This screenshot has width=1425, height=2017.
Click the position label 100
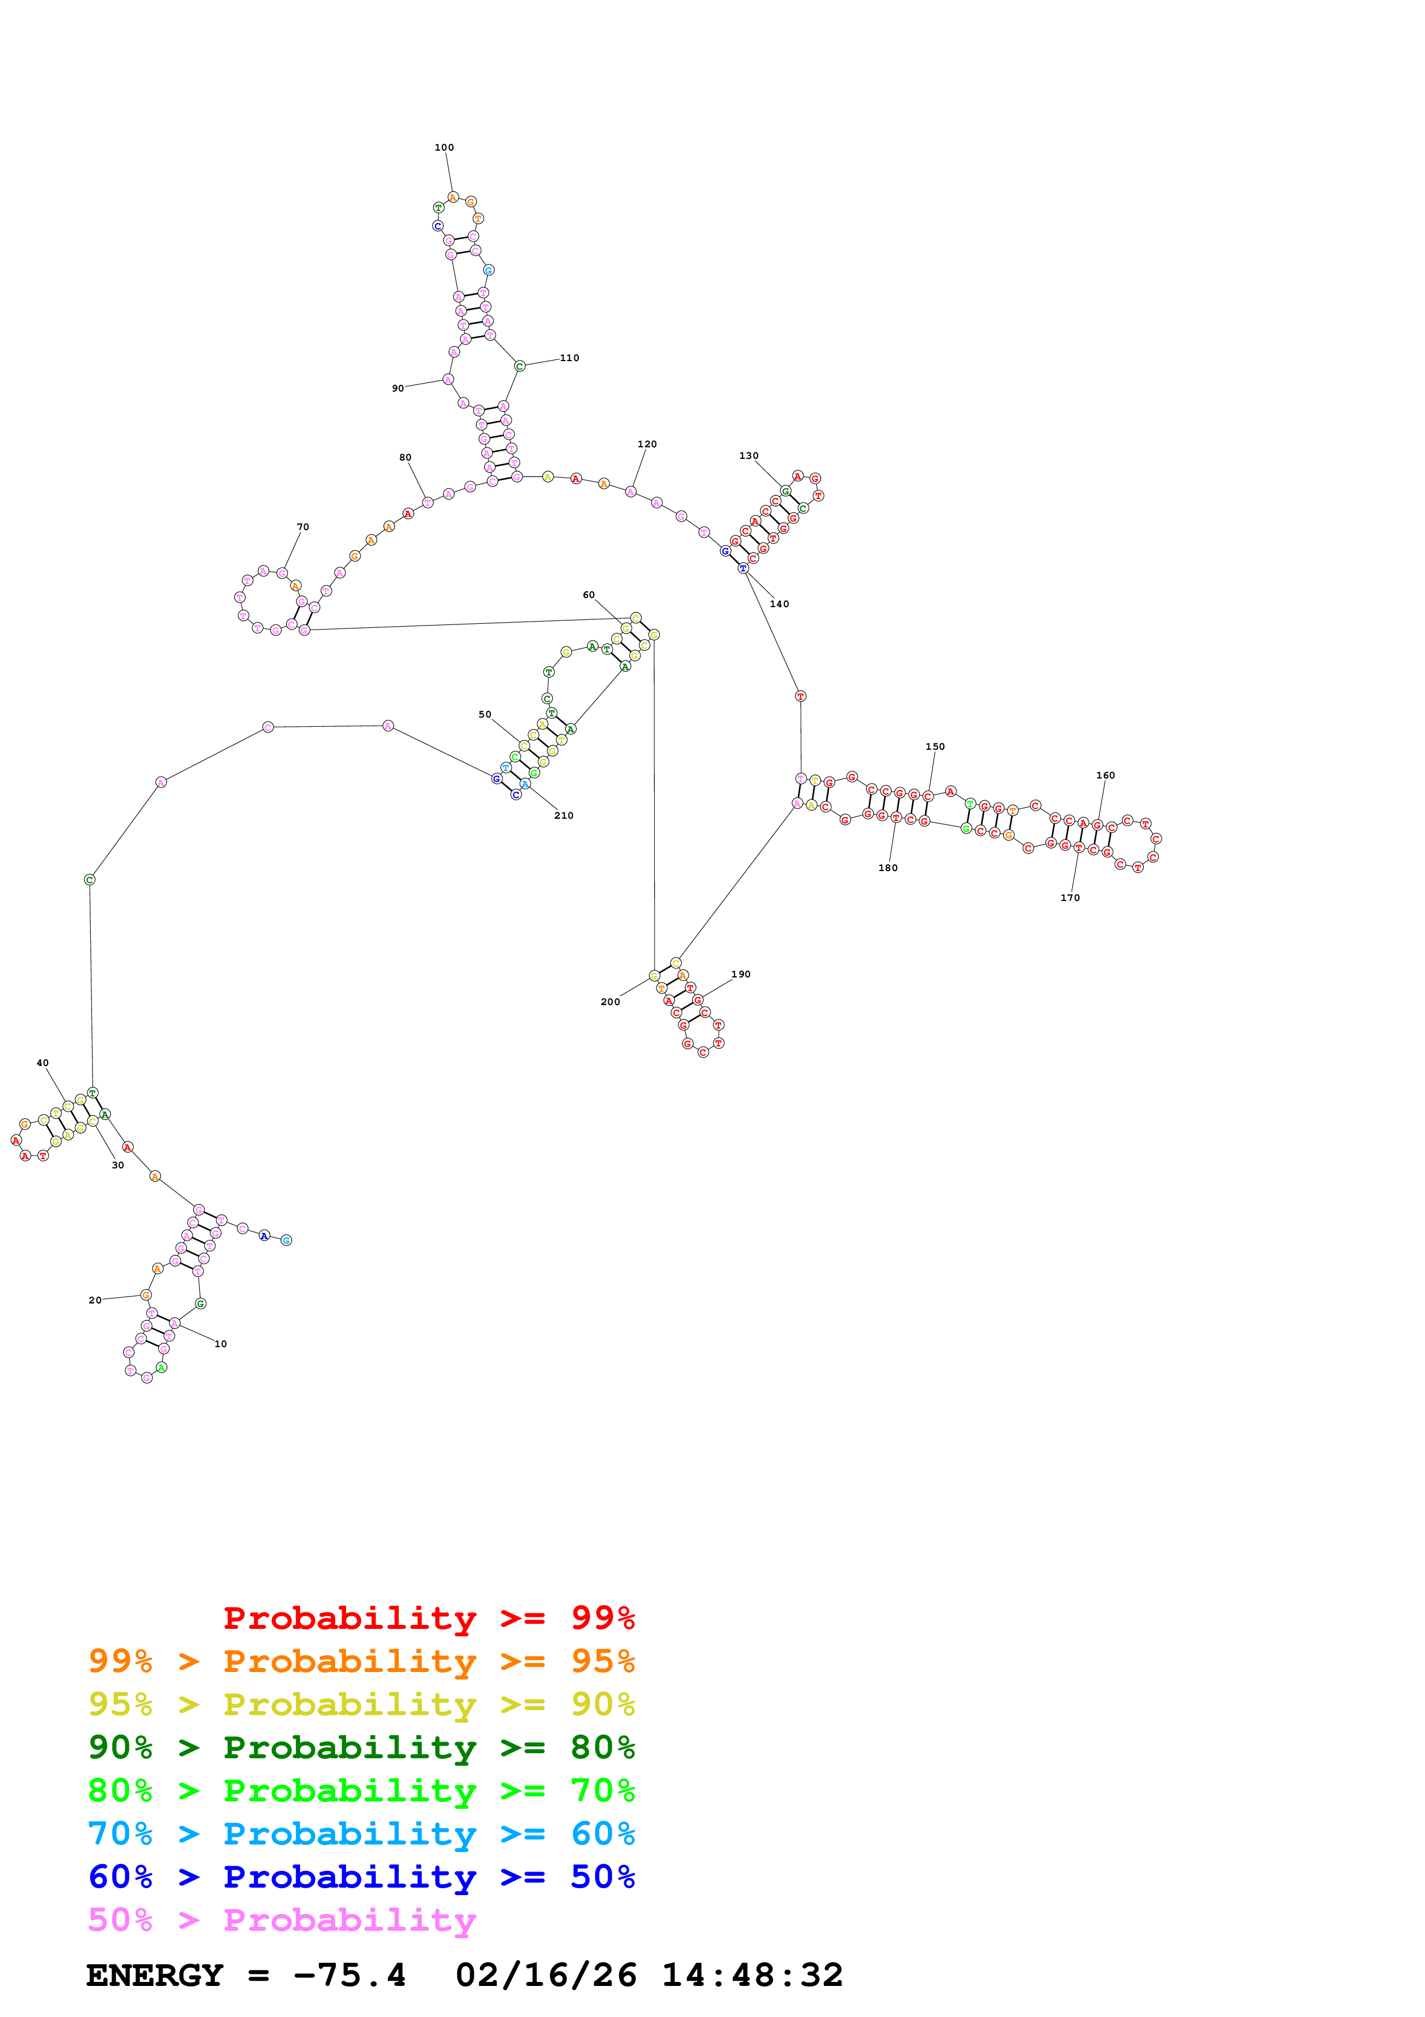point(444,148)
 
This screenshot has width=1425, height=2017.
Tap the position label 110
point(570,358)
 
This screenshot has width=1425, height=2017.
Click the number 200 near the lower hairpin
point(610,1002)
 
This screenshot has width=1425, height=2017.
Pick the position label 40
point(42,1063)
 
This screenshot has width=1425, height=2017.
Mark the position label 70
point(303,527)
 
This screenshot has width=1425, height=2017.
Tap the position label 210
point(564,815)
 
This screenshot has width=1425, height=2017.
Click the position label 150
point(935,747)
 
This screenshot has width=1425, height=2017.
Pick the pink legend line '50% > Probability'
point(282,1920)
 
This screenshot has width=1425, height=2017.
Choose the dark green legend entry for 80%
point(362,1747)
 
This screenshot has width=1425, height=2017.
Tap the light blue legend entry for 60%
point(362,1834)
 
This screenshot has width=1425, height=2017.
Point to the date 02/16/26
point(546,1976)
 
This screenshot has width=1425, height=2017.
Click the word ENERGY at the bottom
point(155,1976)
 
